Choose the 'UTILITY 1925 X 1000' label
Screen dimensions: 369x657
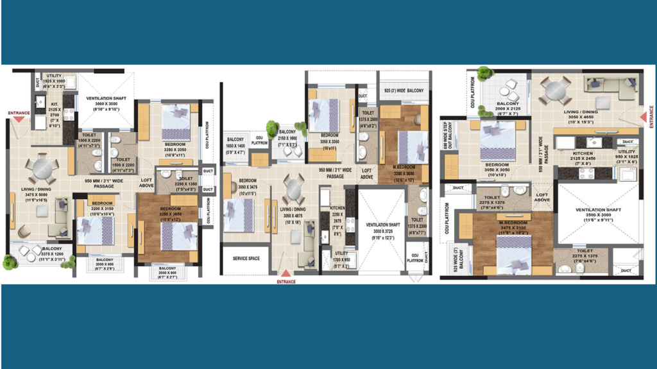coord(54,79)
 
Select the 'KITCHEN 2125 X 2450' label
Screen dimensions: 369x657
coord(585,157)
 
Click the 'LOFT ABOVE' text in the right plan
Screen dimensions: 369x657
coord(542,197)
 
